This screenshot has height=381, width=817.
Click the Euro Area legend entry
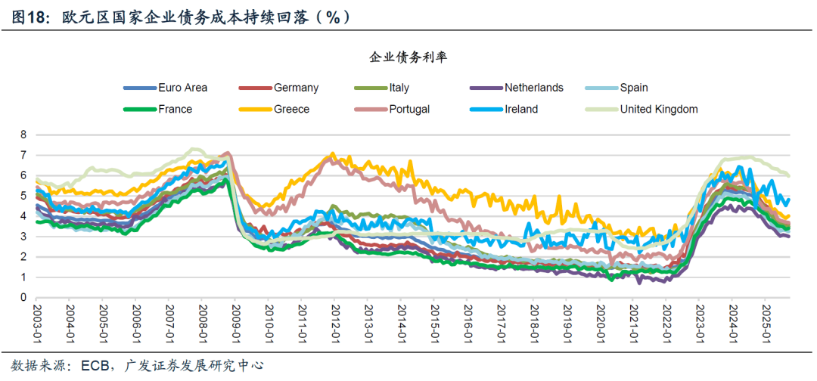[182, 88]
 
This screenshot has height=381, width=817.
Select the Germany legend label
[296, 88]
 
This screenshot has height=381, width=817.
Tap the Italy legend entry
[399, 88]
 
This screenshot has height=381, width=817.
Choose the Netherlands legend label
[533, 88]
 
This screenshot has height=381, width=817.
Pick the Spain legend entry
[634, 88]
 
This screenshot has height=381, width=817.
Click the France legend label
[175, 109]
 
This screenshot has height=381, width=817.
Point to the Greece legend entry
[291, 109]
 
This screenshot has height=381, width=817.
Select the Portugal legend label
[409, 109]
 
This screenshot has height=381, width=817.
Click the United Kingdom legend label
[659, 109]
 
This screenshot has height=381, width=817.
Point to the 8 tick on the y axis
[23, 135]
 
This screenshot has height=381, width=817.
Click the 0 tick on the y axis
[23, 298]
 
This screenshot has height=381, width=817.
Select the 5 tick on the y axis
[23, 196]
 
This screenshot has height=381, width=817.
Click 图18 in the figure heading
[29, 17]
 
